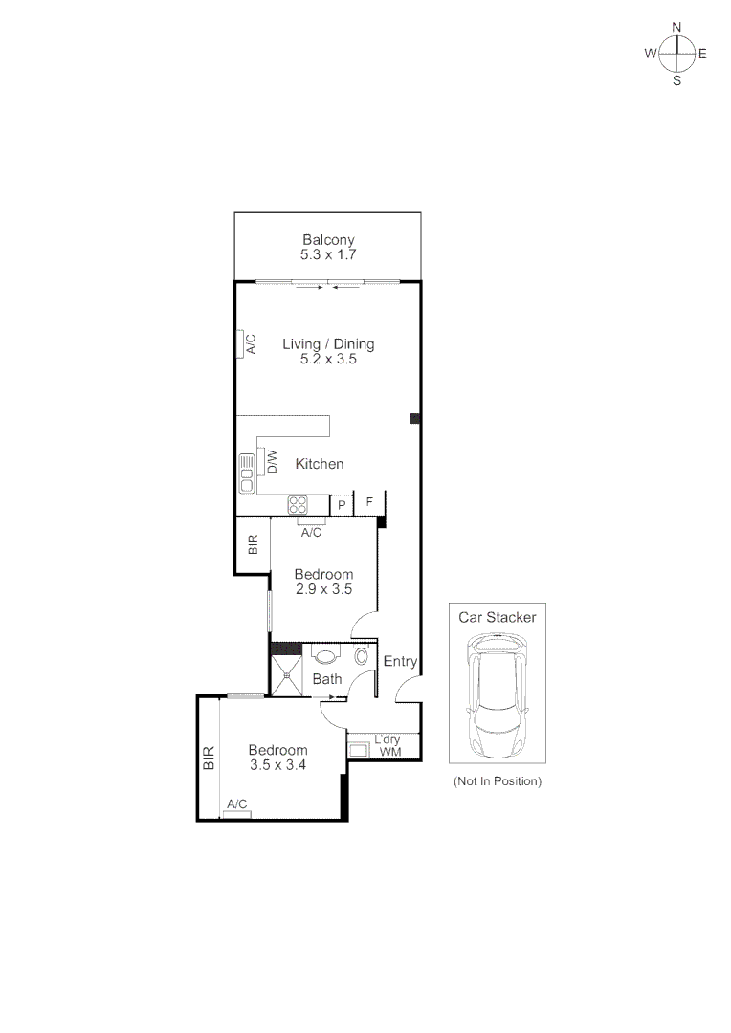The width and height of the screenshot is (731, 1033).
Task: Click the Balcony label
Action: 328,240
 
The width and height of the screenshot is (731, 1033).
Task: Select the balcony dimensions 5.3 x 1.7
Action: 328,255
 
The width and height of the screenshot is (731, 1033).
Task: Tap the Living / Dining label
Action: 328,344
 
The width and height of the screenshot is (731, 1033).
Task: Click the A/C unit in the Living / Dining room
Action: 246,344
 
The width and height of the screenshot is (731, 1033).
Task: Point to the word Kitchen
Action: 320,464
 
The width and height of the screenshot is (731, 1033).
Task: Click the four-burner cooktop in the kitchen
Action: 298,504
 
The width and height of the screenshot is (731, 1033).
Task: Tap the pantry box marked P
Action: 341,504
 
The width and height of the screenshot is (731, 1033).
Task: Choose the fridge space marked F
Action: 368,501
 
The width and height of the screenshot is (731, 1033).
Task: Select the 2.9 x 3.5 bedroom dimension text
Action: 322,590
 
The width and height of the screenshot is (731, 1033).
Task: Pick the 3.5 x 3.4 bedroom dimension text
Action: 277,765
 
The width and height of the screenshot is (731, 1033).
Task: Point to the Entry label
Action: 400,661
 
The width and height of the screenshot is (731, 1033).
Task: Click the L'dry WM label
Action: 388,746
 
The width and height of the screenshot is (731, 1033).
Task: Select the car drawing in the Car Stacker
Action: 497,698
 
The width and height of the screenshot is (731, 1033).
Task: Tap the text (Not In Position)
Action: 497,781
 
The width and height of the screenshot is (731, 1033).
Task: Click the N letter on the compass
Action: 676,28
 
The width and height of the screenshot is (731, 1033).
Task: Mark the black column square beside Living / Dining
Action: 414,418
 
